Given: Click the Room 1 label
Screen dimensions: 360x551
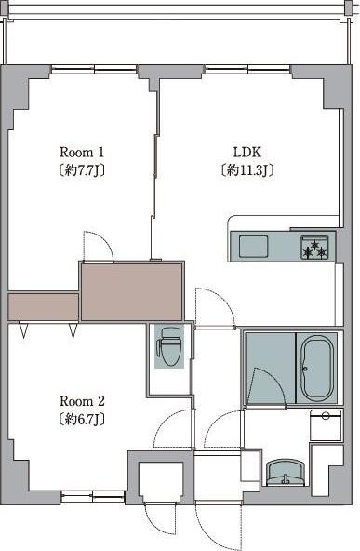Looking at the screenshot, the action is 82,153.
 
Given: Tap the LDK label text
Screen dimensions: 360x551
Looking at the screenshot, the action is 247,152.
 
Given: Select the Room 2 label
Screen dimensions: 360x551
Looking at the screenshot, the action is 82,401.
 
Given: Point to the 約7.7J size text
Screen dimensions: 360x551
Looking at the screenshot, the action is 82,170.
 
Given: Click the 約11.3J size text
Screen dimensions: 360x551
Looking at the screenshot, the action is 247,170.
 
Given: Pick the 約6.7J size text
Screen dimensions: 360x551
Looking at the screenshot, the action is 82,419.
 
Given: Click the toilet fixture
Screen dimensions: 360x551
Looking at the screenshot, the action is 169,346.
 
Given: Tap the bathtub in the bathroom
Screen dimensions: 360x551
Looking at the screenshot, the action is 316,368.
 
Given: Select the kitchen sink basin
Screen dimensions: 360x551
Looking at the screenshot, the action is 253,246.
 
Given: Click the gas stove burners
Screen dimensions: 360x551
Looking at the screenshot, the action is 314,248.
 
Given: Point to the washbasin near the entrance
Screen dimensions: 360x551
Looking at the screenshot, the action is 286,473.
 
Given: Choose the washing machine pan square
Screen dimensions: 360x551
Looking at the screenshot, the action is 326,425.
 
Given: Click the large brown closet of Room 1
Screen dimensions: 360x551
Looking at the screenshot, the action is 132,291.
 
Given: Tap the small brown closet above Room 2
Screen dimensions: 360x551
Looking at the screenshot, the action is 43,307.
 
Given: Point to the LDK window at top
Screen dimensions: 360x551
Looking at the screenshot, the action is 247,69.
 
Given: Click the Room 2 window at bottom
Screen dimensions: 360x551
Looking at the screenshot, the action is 93,497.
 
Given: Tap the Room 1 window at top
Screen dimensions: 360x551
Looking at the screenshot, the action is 94,69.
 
